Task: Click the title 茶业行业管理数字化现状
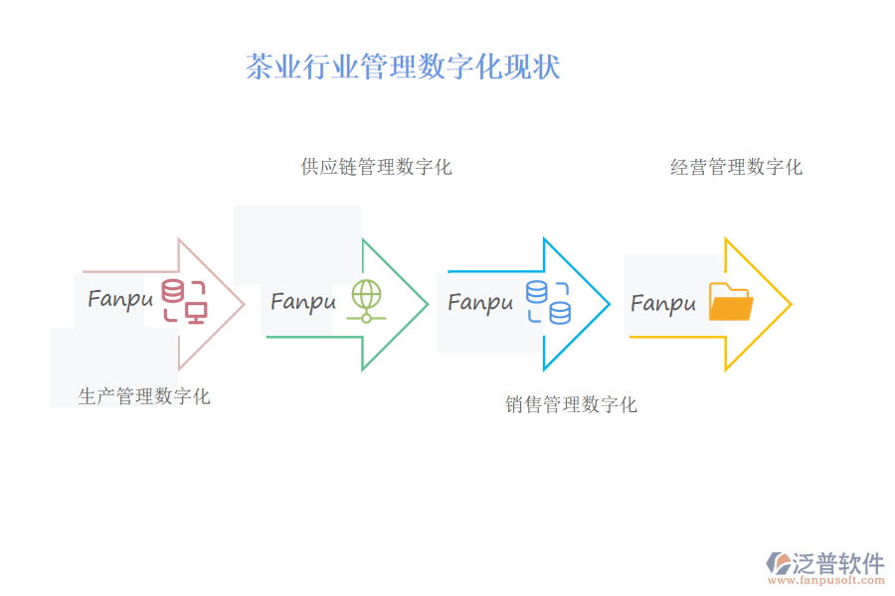(403, 67)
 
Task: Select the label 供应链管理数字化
(376, 167)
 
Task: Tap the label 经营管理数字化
(736, 167)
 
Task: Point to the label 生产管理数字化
(144, 396)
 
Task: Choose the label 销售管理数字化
(571, 404)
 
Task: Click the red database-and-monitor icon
(184, 302)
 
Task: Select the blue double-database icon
(548, 302)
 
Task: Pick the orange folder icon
(730, 302)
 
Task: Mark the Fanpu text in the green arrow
(302, 300)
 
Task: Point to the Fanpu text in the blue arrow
(480, 301)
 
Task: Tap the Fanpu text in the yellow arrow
(663, 302)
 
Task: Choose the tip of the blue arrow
(608, 304)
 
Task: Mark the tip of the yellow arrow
(790, 304)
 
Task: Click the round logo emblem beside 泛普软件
(778, 564)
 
